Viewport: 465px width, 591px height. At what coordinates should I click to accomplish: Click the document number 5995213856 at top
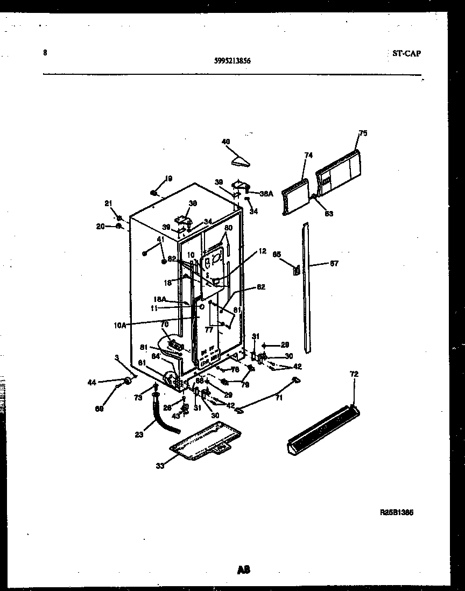pos(232,61)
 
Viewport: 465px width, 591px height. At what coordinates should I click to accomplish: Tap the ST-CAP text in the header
pos(404,53)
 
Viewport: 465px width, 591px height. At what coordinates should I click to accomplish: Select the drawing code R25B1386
pos(397,513)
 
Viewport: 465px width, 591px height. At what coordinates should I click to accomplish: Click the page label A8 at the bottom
pos(244,570)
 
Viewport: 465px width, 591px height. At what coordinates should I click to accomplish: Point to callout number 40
pos(226,142)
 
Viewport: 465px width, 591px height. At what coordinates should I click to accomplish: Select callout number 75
pos(363,133)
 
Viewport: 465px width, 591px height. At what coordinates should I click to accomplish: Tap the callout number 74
pos(308,156)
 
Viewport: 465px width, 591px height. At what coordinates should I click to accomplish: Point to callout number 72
pos(354,374)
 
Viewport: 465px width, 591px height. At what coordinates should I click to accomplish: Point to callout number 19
pos(168,179)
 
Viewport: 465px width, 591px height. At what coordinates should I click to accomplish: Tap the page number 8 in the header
pos(45,53)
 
